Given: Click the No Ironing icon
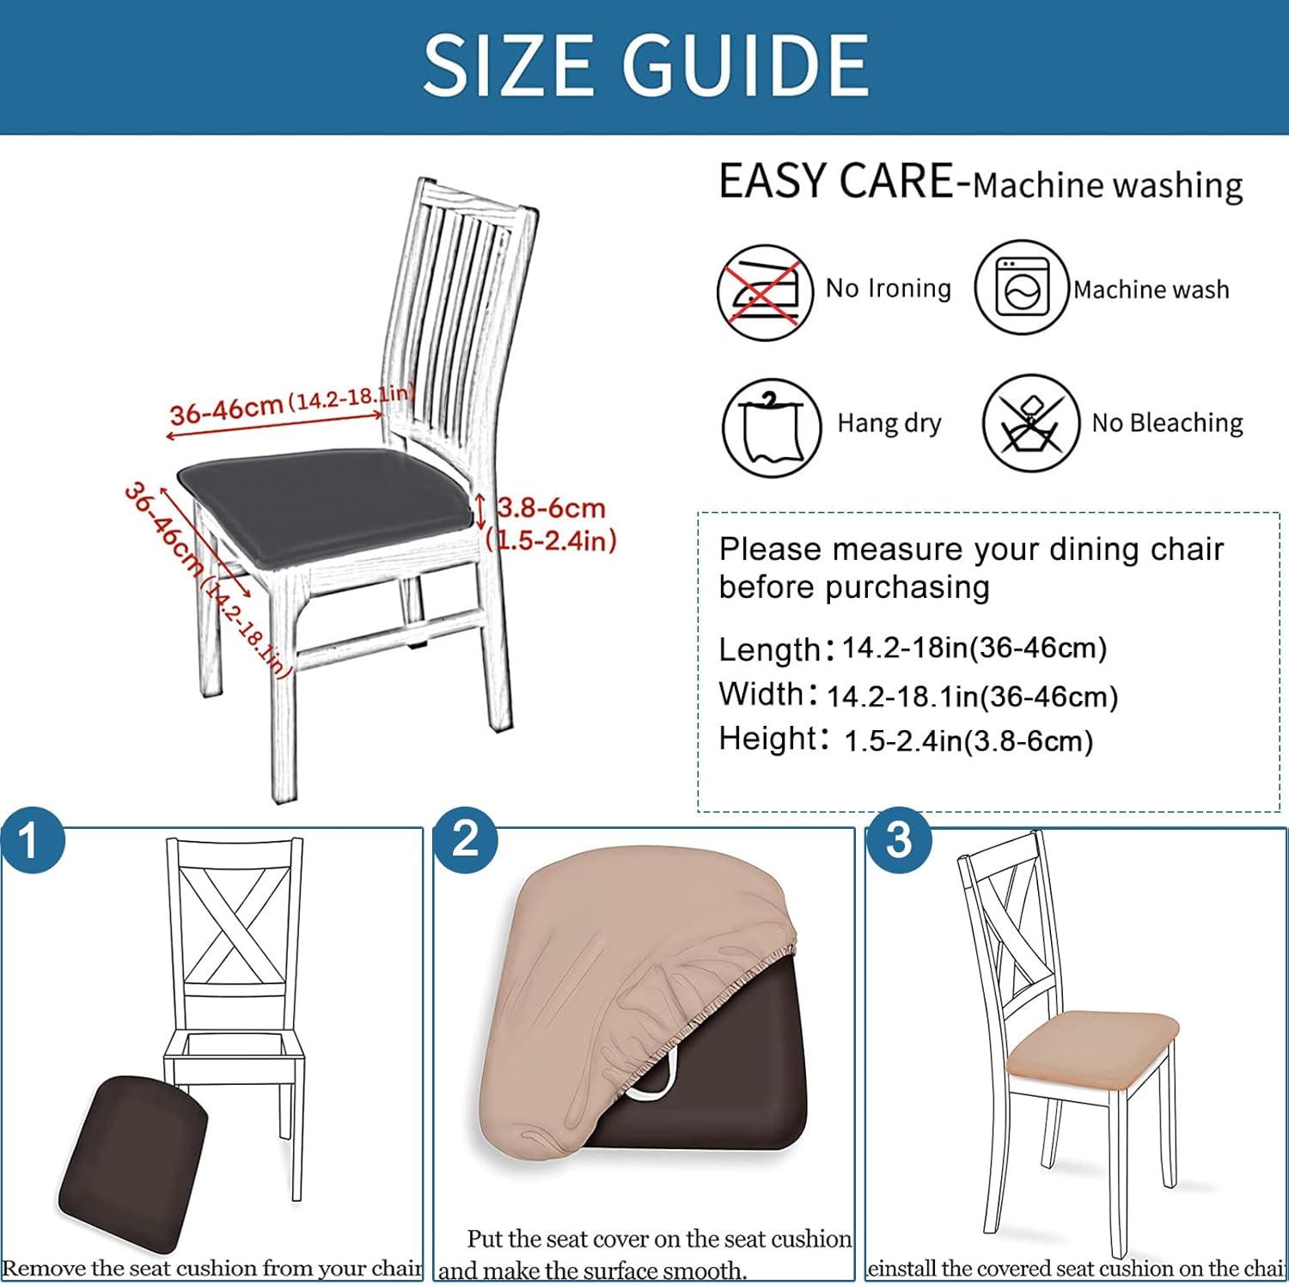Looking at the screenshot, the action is (x=765, y=292).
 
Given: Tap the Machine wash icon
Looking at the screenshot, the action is (x=1022, y=288).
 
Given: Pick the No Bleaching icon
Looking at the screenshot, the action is (x=1030, y=423).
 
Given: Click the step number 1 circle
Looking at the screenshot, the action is (x=32, y=841).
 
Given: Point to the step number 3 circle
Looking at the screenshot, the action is (x=898, y=840).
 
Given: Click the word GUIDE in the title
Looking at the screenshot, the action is (x=745, y=65).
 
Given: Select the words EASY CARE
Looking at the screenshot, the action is (x=836, y=181).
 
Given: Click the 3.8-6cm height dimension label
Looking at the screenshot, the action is (x=551, y=508).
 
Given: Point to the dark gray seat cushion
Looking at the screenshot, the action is (x=327, y=506).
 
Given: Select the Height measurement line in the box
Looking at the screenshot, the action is (x=906, y=740).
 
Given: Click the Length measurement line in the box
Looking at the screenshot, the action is (x=913, y=649).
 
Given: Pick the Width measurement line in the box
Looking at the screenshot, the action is (x=918, y=695).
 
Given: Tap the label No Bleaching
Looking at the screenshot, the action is (x=1167, y=423).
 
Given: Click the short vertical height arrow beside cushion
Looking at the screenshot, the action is (x=480, y=511).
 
